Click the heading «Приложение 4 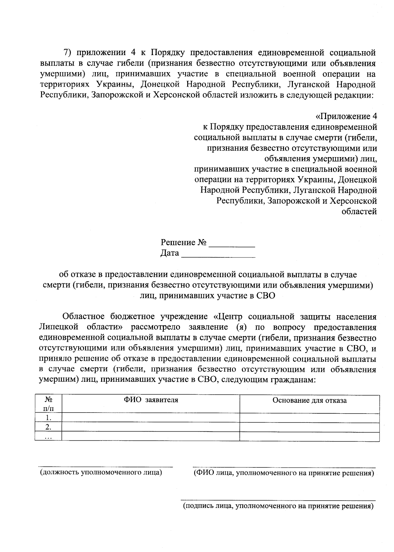coord(346,116)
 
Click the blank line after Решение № coord(232,243)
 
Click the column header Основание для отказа coord(309,400)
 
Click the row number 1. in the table coord(48,418)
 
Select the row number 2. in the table coord(48,427)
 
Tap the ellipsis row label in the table coord(48,437)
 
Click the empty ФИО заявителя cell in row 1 coord(151,418)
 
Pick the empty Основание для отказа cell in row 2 coord(309,427)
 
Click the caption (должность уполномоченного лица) coord(101,473)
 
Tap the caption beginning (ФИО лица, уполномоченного coord(284,473)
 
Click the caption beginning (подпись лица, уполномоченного coord(278,506)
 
